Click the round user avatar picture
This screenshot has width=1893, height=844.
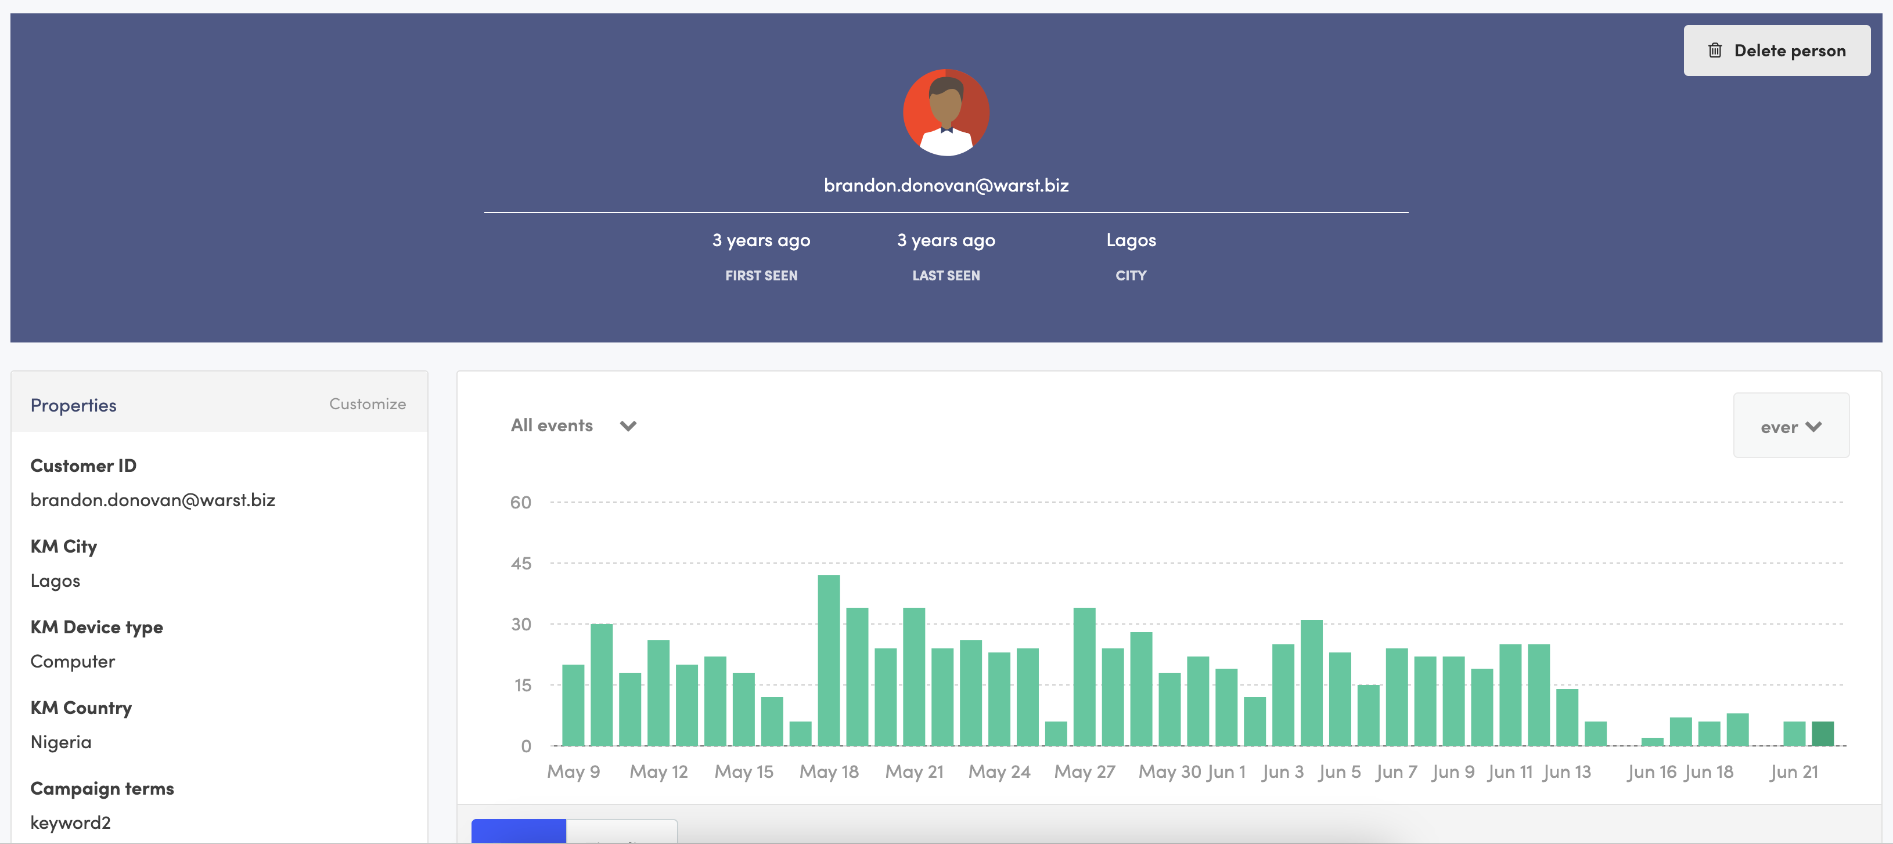coord(946,113)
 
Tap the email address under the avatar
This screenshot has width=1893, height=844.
coord(946,185)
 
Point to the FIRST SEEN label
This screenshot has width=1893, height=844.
coord(761,276)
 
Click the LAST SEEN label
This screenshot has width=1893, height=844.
coord(946,276)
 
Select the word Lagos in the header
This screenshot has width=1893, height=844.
coord(1130,240)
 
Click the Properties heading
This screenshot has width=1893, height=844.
coord(74,406)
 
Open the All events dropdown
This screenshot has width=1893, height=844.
coord(573,425)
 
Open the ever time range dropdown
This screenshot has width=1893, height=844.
coord(1790,426)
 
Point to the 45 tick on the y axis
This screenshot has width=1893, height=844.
coord(520,564)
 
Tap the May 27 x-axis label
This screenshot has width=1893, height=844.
coord(1084,772)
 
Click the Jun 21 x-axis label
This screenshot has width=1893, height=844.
coord(1793,772)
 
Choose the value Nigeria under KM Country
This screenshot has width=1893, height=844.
coord(61,742)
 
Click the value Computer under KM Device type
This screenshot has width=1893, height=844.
coord(73,661)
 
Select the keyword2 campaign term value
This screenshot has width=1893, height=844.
coord(70,823)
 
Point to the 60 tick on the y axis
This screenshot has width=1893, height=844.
coord(520,503)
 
